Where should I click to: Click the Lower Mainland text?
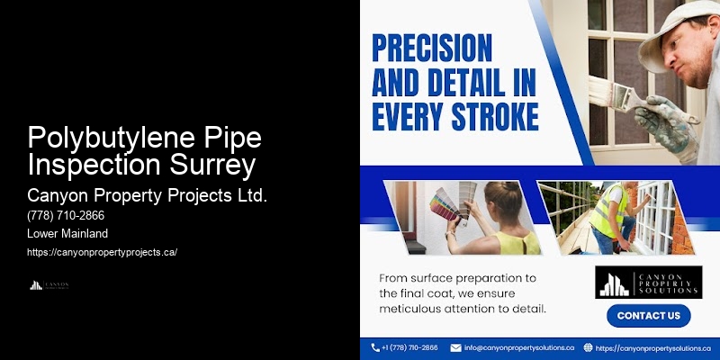tap(68, 234)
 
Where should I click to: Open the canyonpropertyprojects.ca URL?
tap(102, 252)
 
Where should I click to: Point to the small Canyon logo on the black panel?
tap(49, 285)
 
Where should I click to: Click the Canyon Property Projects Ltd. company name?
tap(148, 195)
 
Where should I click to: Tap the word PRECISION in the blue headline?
tap(432, 49)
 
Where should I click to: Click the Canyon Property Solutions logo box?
tap(648, 282)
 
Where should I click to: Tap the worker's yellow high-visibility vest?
tap(612, 211)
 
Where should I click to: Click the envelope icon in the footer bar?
tap(455, 347)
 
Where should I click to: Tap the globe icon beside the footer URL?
tap(588, 347)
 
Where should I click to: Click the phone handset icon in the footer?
tap(374, 347)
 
